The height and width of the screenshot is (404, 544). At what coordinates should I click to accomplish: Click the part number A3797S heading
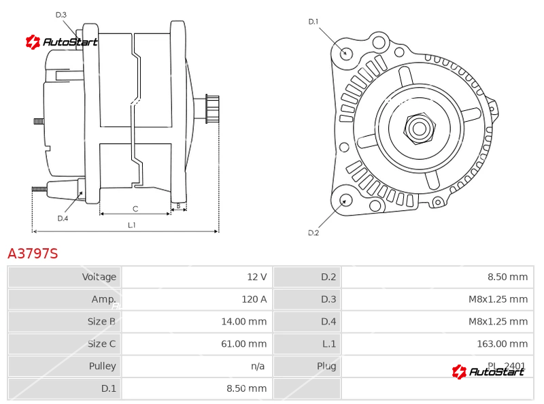click(x=33, y=254)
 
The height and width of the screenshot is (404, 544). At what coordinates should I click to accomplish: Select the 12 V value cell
click(x=257, y=277)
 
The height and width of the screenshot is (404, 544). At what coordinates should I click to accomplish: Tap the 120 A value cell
click(x=254, y=299)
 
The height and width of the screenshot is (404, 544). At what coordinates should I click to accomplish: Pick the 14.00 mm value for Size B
click(x=244, y=322)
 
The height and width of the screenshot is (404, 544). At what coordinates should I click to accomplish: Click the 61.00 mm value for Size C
click(x=244, y=343)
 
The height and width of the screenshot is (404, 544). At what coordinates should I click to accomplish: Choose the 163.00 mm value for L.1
click(x=503, y=343)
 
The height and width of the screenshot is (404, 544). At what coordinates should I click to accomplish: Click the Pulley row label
click(x=103, y=366)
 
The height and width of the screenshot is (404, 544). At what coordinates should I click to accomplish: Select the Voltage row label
click(x=99, y=277)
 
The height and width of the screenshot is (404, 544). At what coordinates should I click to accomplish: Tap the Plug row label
click(x=326, y=366)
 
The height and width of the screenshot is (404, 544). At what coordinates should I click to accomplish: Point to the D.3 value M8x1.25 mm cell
click(x=498, y=299)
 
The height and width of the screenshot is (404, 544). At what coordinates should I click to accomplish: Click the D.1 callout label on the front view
click(x=313, y=22)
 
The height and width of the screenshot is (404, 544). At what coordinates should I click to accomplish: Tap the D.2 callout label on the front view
click(x=313, y=233)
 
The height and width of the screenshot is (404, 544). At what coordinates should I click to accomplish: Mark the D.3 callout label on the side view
click(x=61, y=14)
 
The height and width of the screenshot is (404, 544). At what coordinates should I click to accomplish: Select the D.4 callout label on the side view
click(x=63, y=218)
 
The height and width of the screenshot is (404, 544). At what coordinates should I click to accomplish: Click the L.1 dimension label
click(x=132, y=225)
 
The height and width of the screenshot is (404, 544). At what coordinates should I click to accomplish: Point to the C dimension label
click(x=135, y=209)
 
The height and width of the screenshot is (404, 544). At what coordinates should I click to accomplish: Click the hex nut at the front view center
click(x=420, y=129)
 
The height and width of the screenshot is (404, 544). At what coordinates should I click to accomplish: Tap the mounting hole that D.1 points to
click(x=345, y=53)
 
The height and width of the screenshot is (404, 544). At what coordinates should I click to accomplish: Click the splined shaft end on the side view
click(x=212, y=109)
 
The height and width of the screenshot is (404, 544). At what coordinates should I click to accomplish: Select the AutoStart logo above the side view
click(x=61, y=42)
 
